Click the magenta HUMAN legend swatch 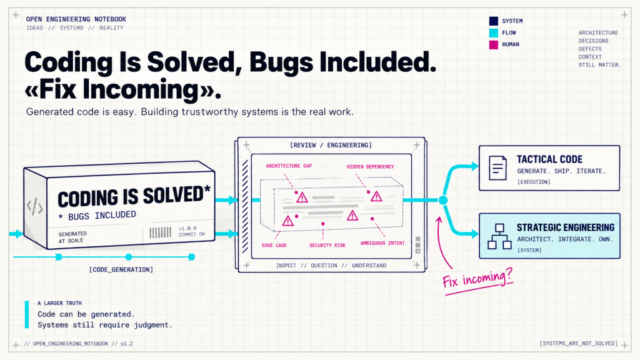click(494, 44)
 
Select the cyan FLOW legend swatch click(494, 32)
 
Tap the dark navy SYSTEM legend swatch click(494, 21)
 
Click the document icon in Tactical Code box click(497, 167)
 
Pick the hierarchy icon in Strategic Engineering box click(499, 236)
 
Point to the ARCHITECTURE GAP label click(289, 166)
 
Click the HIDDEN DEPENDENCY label click(370, 166)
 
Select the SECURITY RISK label click(327, 245)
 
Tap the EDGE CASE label click(274, 245)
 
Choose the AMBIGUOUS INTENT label click(382, 243)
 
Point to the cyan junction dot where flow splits click(443, 200)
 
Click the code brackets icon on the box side click(35, 206)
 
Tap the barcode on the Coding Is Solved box click(161, 232)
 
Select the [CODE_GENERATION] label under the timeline click(121, 269)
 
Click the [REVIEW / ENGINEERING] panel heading click(331, 145)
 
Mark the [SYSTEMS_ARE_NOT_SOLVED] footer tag click(579, 343)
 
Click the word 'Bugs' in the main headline click(281, 62)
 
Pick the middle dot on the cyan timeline click(129, 257)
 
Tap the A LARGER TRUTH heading click(59, 303)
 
